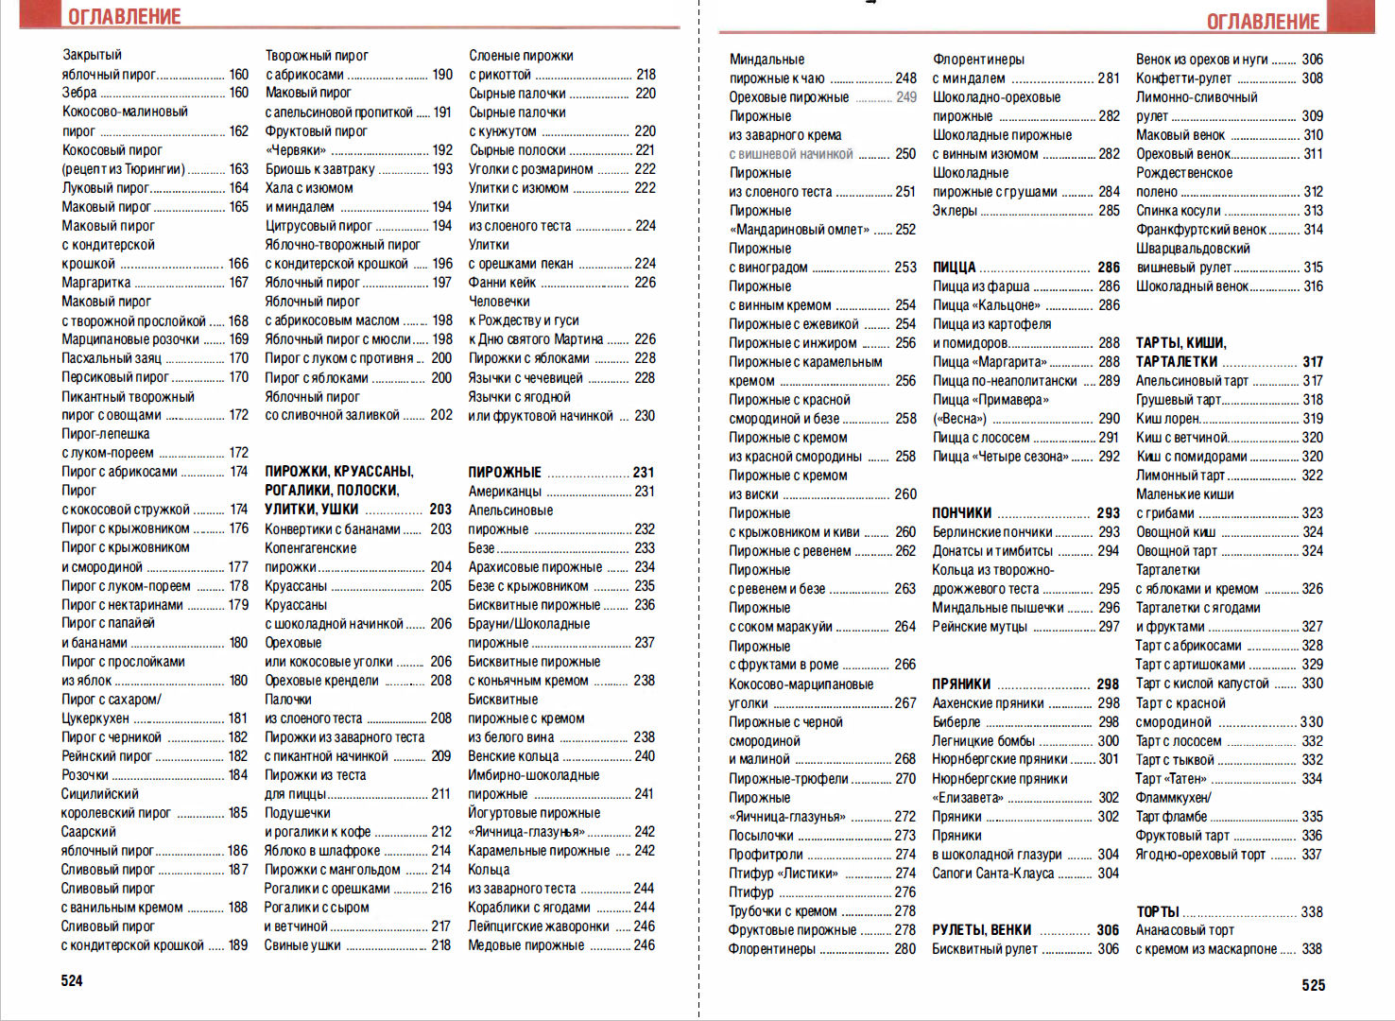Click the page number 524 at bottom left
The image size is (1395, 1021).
click(72, 980)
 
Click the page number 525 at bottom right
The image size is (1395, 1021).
click(1313, 985)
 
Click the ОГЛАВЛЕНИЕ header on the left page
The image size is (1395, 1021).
click(124, 16)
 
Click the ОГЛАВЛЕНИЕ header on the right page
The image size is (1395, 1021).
click(1262, 21)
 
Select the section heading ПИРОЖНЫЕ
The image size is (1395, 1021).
click(505, 472)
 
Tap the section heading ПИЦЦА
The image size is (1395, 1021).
click(954, 268)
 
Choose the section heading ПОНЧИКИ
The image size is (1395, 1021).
click(961, 513)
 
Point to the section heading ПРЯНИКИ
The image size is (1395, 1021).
click(961, 684)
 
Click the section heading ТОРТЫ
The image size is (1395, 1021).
click(1158, 911)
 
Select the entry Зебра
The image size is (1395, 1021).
click(79, 93)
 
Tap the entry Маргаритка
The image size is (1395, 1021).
click(96, 283)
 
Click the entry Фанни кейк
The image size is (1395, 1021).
click(502, 283)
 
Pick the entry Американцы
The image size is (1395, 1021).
click(505, 492)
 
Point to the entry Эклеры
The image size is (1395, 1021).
click(955, 211)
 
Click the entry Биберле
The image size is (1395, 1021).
click(956, 721)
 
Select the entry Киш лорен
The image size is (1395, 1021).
click(1167, 419)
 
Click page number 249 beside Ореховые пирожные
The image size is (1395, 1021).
click(905, 96)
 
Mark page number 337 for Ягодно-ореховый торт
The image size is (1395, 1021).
click(1311, 854)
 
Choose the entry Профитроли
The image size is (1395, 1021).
click(766, 854)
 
